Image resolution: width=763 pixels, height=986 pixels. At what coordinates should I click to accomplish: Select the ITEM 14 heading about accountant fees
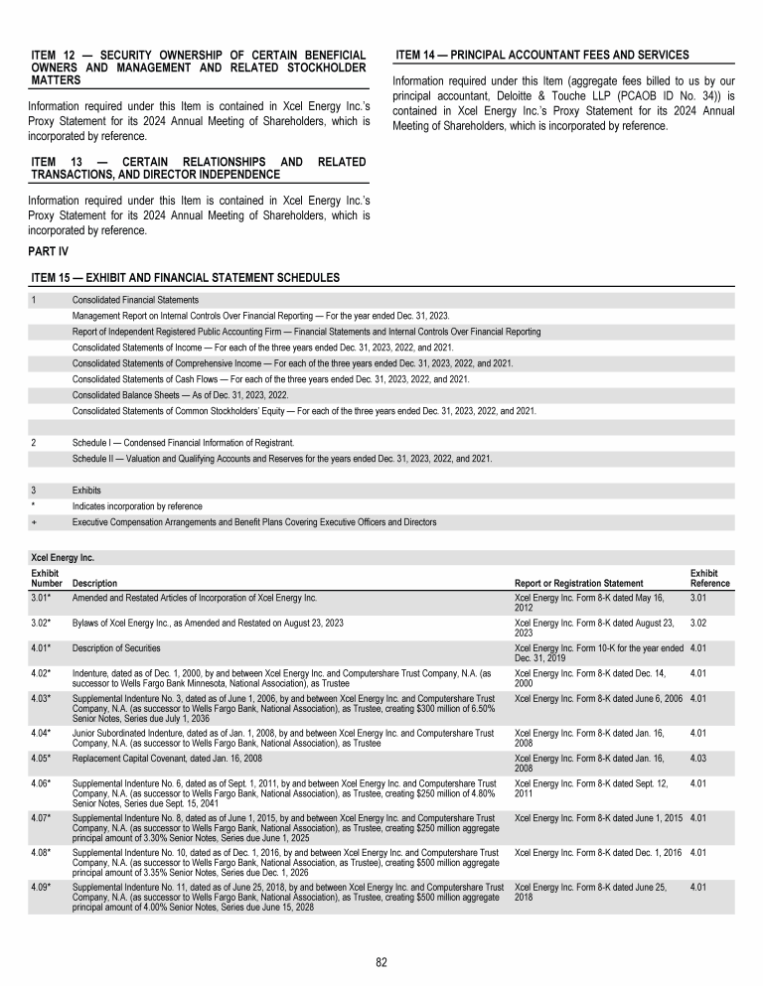coord(541,55)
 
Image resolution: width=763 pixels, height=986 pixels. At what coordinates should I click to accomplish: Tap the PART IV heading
coord(49,251)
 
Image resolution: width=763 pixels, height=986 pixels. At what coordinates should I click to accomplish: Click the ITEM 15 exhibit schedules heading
coord(186,277)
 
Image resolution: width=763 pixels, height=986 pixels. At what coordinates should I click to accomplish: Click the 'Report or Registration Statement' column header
coord(578,583)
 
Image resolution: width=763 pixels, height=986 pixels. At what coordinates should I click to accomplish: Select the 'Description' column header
coord(94,583)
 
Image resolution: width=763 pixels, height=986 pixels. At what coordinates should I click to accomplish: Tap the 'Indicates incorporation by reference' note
coord(137,506)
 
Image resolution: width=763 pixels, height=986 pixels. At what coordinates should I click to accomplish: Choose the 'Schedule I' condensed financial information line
coord(197,442)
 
